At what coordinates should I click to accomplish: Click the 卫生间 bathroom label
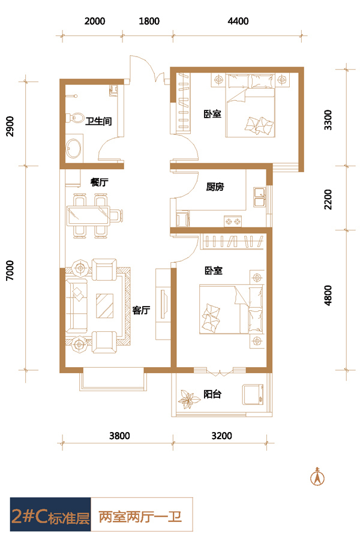[x=98, y=121]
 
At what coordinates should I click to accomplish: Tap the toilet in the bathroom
[x=75, y=118]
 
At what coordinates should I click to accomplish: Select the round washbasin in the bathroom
[x=73, y=148]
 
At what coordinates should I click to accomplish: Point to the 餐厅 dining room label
[x=99, y=182]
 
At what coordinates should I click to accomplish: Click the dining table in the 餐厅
[x=88, y=215]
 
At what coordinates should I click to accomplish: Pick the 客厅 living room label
[x=141, y=310]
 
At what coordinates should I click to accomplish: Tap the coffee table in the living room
[x=105, y=305]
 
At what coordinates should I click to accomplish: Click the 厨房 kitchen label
[x=215, y=187]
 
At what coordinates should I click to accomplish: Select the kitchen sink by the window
[x=259, y=197]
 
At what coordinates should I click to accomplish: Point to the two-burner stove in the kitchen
[x=233, y=221]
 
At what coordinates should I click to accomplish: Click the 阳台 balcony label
[x=212, y=394]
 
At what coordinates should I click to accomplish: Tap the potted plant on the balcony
[x=189, y=399]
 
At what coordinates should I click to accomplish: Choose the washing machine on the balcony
[x=253, y=395]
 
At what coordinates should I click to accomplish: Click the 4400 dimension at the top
[x=238, y=21]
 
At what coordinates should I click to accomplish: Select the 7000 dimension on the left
[x=10, y=271]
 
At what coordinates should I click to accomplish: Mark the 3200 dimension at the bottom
[x=221, y=436]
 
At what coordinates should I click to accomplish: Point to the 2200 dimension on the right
[x=328, y=199]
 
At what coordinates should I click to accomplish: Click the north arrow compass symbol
[x=317, y=476]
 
